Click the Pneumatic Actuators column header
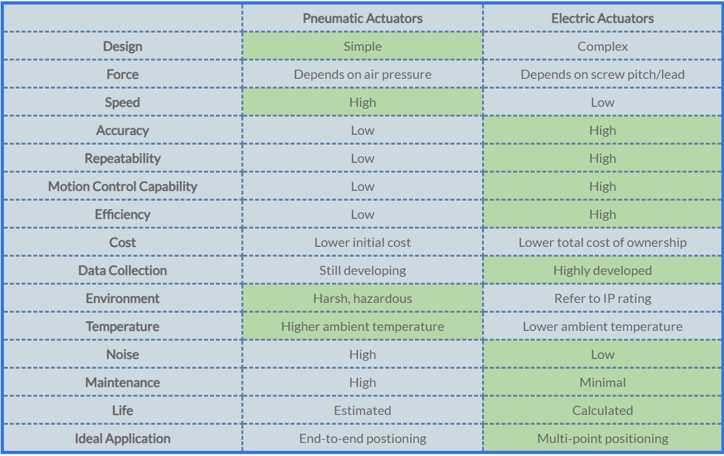click(363, 18)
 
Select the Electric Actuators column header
click(603, 18)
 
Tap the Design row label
click(123, 46)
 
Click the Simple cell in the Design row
click(363, 46)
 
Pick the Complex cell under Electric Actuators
click(603, 46)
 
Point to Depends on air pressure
click(363, 75)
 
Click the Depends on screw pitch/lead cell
click(603, 75)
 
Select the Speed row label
click(123, 102)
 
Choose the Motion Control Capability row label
click(123, 186)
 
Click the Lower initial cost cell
click(363, 242)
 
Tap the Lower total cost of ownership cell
click(603, 242)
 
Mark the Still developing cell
click(363, 270)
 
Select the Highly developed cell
click(603, 270)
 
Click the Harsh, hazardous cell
click(363, 299)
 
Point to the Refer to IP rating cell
click(603, 299)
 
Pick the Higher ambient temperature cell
click(363, 326)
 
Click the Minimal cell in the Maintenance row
click(603, 382)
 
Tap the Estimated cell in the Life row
click(363, 410)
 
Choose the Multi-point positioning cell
click(603, 438)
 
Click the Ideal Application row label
click(123, 438)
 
